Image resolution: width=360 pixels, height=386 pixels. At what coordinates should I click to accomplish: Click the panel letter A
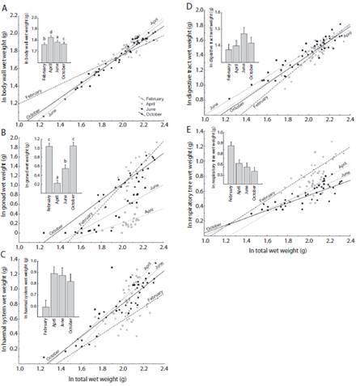tap(7, 8)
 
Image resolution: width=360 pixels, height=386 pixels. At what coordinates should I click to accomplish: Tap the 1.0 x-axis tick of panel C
tap(23, 369)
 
